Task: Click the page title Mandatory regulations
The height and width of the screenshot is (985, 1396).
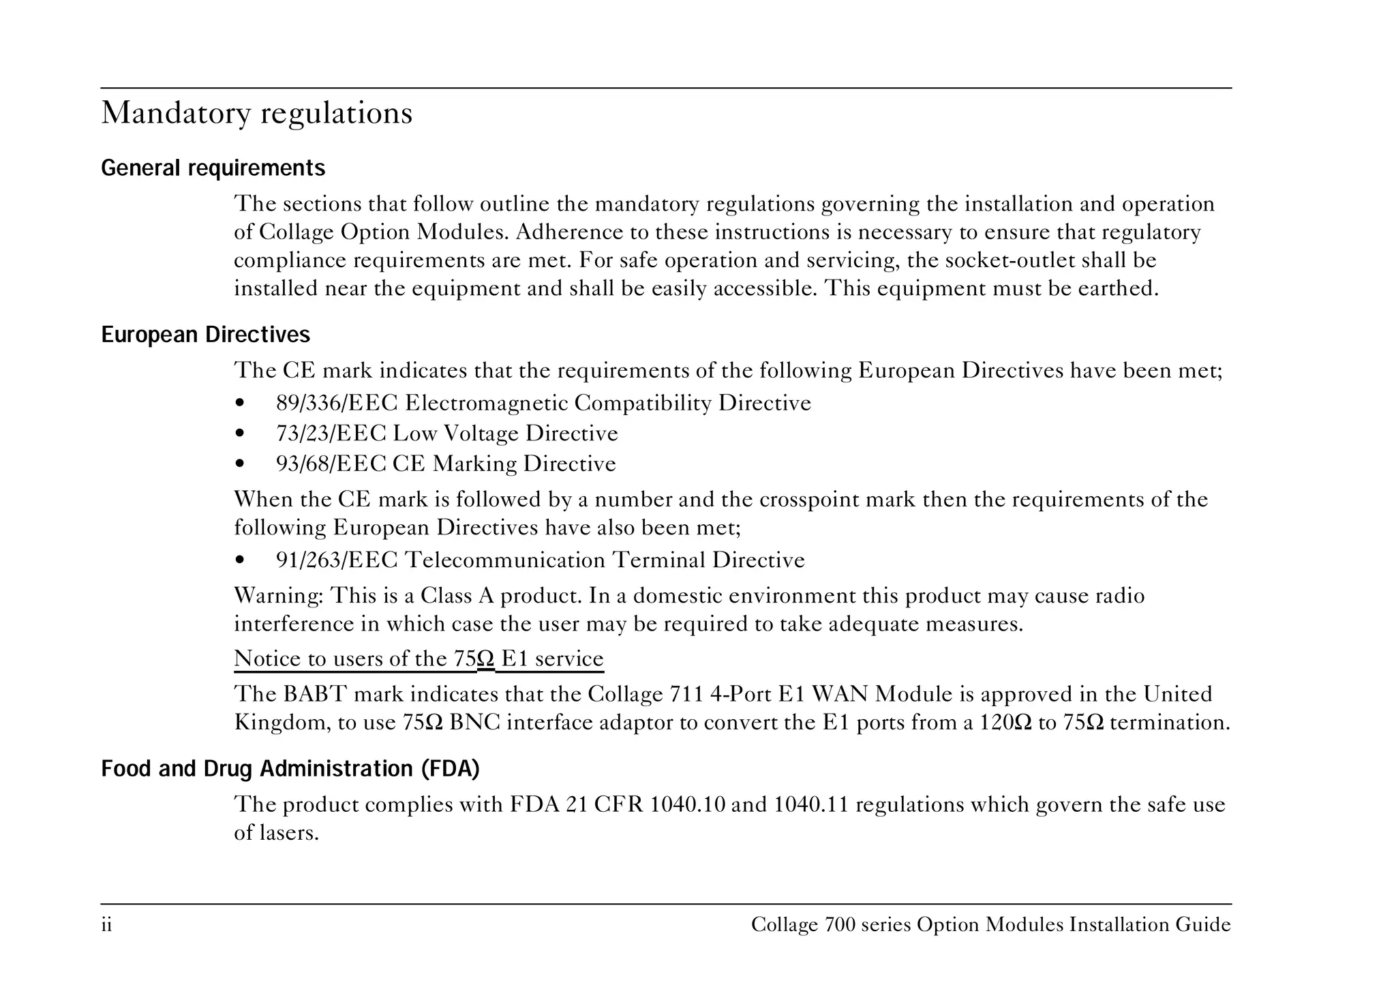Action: coord(256,113)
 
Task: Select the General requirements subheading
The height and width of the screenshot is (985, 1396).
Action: coord(213,168)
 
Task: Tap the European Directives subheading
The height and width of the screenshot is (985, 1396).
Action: coord(205,335)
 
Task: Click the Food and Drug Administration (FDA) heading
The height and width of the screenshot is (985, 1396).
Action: coord(290,769)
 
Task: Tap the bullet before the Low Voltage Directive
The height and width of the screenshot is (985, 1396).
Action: coord(239,434)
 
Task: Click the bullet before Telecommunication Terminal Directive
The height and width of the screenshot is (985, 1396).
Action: coord(239,561)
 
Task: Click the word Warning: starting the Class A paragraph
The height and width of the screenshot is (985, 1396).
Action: coord(278,596)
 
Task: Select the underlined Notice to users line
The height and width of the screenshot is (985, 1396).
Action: coord(419,659)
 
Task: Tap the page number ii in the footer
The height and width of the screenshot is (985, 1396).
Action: coord(106,926)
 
